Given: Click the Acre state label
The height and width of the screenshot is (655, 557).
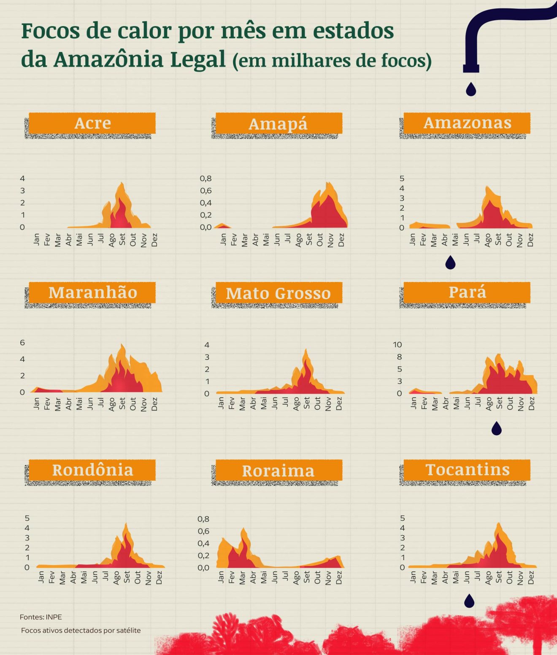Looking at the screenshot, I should pyautogui.click(x=92, y=123).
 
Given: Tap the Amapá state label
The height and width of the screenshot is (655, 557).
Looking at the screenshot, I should pyautogui.click(x=278, y=124).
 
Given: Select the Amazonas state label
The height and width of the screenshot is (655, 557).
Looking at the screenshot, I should pyautogui.click(x=467, y=123).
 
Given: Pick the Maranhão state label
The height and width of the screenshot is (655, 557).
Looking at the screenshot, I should pyautogui.click(x=92, y=292).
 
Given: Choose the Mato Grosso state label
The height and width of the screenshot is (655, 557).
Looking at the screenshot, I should pyautogui.click(x=278, y=293).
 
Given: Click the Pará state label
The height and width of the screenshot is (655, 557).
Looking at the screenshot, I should pyautogui.click(x=467, y=292).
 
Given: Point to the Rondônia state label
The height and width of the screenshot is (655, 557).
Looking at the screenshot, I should pyautogui.click(x=92, y=470).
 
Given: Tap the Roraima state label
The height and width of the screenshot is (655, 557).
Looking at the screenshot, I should pyautogui.click(x=278, y=471).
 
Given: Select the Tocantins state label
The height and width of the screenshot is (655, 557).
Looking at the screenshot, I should pyautogui.click(x=467, y=470).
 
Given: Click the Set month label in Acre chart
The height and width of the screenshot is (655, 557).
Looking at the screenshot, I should pyautogui.click(x=122, y=239).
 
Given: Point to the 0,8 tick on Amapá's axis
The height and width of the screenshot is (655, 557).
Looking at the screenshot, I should pyautogui.click(x=205, y=179).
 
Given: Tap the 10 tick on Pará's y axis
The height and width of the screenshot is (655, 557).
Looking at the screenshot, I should pyautogui.click(x=397, y=344).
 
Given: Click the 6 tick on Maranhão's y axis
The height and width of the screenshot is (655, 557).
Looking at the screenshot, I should pyautogui.click(x=22, y=342).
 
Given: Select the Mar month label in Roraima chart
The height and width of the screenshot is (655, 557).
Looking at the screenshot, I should pyautogui.click(x=242, y=578).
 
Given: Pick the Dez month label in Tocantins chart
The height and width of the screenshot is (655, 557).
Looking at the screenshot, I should pyautogui.click(x=531, y=577).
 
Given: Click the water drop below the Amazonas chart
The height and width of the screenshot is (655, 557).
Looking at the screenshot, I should pyautogui.click(x=450, y=263).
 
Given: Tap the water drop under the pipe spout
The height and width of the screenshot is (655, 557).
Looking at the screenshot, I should pyautogui.click(x=471, y=89).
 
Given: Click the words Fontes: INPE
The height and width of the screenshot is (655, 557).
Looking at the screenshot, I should pyautogui.click(x=41, y=617).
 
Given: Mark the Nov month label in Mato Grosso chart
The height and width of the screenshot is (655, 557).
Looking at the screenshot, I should pyautogui.click(x=328, y=404).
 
